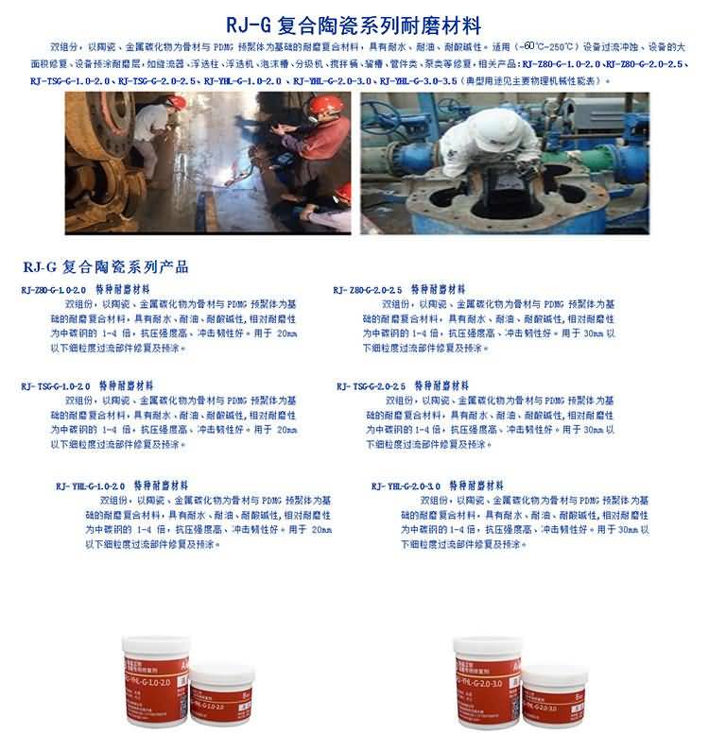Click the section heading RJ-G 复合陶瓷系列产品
(104, 266)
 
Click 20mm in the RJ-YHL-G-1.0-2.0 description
(321, 530)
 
